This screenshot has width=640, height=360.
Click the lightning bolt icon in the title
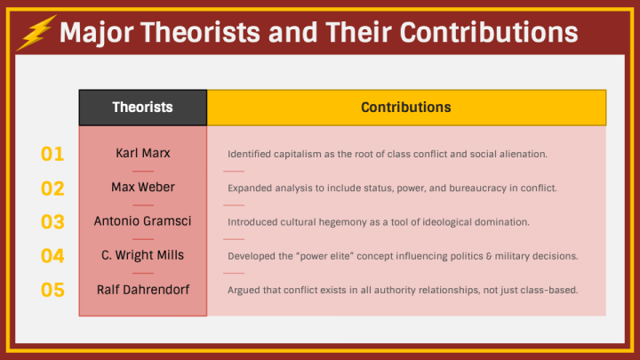[x=36, y=33]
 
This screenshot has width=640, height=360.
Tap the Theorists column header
[x=142, y=108]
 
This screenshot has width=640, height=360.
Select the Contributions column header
[x=405, y=108]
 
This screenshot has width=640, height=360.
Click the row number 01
[x=53, y=154]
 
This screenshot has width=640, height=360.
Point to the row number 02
[x=53, y=188]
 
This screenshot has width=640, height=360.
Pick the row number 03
[x=53, y=222]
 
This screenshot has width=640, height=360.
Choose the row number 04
[x=53, y=256]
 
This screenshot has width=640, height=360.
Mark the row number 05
[x=53, y=290]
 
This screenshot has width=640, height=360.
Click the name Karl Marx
[x=142, y=153]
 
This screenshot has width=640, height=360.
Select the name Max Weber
[x=142, y=188]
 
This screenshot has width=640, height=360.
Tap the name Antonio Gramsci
[x=142, y=221]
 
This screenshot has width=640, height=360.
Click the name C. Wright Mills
[x=142, y=255]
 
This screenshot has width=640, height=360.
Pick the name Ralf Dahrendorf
[x=142, y=289]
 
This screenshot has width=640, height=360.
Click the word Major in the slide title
[x=92, y=33]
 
